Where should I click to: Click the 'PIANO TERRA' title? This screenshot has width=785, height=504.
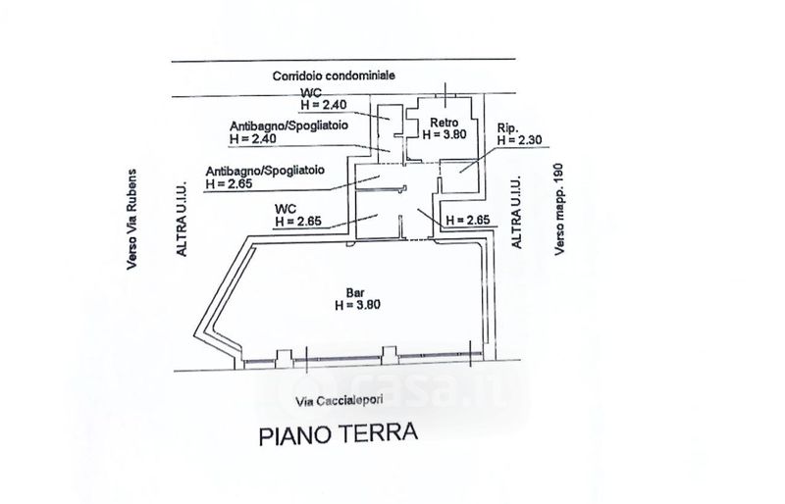pos(339,432)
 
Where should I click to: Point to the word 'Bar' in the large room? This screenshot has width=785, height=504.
pos(350,290)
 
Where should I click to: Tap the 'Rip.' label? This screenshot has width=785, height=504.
pos(506,128)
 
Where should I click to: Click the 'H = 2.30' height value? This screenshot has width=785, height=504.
pos(519,140)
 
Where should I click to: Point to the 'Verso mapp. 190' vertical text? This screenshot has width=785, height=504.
pos(561,209)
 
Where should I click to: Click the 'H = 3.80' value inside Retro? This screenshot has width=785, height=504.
pos(444,134)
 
